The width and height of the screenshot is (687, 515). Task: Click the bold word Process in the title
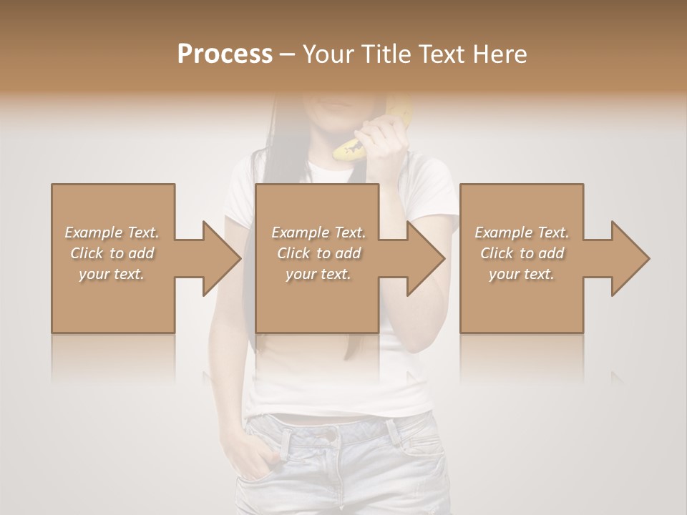(225, 54)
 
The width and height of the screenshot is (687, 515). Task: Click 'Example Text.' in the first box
(112, 232)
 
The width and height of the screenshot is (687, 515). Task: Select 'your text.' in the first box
(112, 274)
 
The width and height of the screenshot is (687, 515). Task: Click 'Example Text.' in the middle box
(318, 232)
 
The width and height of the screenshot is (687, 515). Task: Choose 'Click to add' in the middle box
(318, 253)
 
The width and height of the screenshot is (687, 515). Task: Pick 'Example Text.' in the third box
(522, 232)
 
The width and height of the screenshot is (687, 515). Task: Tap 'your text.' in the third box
(522, 274)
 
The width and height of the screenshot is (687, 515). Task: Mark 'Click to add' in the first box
(112, 253)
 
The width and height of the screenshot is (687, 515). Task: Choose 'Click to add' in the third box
(522, 253)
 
